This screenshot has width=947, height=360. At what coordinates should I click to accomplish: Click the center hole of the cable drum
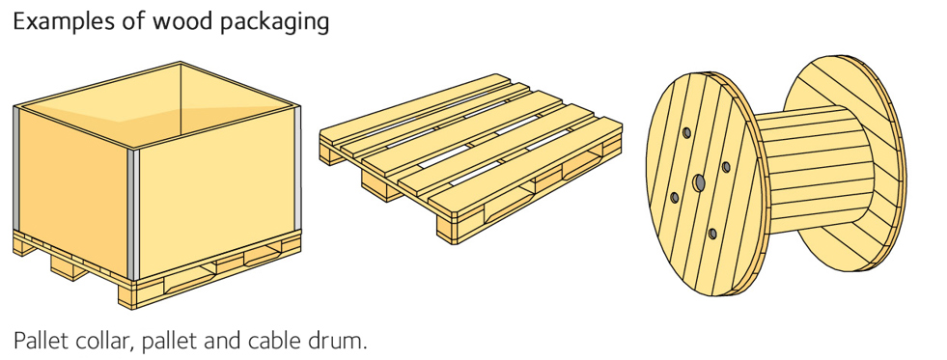[699, 182]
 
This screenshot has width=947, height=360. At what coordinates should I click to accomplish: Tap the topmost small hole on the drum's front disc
[686, 132]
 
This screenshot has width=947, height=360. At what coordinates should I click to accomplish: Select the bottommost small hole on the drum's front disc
[712, 234]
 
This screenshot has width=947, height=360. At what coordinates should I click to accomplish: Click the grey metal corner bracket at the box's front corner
[133, 215]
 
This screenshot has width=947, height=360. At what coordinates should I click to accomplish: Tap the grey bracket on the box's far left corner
[16, 168]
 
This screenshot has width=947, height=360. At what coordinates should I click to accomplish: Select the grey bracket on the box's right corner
[297, 168]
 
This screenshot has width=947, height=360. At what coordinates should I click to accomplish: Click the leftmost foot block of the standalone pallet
[330, 154]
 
